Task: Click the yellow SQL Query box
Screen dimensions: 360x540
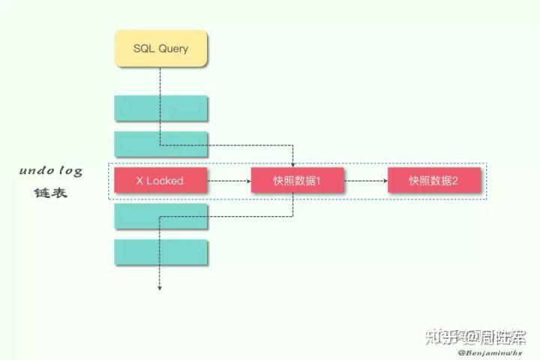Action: pyautogui.click(x=160, y=49)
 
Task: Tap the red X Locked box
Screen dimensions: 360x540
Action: pyautogui.click(x=160, y=181)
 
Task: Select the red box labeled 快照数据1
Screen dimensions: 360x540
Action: pyautogui.click(x=297, y=181)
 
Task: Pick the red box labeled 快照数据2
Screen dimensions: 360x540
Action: pyautogui.click(x=433, y=181)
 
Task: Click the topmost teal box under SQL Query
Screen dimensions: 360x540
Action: pyautogui.click(x=160, y=108)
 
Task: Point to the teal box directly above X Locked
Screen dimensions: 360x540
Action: pyautogui.click(x=160, y=144)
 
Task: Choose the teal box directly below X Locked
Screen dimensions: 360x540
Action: pyautogui.click(x=160, y=216)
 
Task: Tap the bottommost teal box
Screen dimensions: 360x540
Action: pyautogui.click(x=160, y=252)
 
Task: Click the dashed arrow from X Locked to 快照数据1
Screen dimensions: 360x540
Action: pyautogui.click(x=229, y=181)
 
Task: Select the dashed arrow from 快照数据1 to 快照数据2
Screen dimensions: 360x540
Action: pyautogui.click(x=365, y=181)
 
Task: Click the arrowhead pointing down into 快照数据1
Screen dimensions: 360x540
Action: pyautogui.click(x=293, y=164)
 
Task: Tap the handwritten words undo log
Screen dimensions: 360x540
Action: pyautogui.click(x=51, y=171)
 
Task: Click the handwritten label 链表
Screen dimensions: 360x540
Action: pyautogui.click(x=51, y=193)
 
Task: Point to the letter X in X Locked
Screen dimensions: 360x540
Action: pyautogui.click(x=139, y=181)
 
